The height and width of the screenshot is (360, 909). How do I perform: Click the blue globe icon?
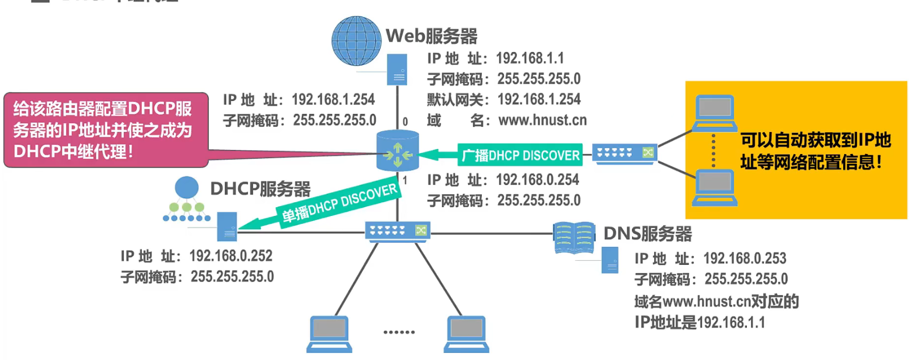(356, 41)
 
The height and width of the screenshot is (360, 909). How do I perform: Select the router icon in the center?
(397, 151)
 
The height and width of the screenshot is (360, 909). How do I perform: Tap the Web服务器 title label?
(431, 36)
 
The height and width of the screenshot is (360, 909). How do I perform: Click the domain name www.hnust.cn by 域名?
(542, 120)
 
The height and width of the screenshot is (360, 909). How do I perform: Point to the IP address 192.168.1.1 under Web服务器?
(530, 58)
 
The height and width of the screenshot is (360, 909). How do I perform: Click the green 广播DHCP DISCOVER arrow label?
(520, 156)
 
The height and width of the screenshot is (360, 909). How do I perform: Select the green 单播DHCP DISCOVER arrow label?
(339, 203)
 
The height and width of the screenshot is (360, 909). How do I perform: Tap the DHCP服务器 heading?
(260, 189)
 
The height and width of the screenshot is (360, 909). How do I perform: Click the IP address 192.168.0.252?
(231, 256)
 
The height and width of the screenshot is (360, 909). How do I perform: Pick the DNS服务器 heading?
(647, 234)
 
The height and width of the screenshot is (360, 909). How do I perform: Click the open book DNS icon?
(574, 238)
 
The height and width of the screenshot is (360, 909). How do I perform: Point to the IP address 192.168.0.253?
(745, 259)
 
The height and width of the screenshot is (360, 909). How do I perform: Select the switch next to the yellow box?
(624, 152)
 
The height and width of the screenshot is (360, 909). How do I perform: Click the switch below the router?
(397, 230)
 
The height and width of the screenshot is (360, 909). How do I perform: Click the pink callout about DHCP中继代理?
(106, 130)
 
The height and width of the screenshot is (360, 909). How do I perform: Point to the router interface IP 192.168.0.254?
(537, 180)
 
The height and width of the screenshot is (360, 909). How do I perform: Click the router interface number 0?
(405, 122)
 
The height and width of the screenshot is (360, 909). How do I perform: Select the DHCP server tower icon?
(227, 227)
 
